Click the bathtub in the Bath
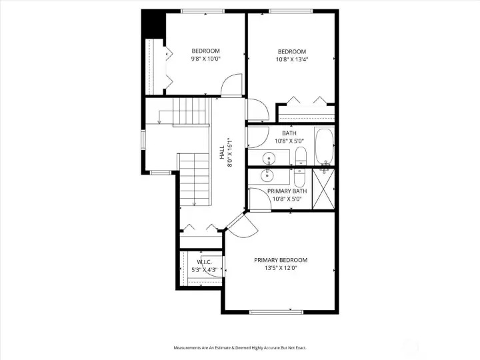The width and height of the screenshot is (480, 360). [x=323, y=147]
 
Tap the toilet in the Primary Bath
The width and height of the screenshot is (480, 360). [x=299, y=177]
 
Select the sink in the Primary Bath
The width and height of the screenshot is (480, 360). [x=268, y=176]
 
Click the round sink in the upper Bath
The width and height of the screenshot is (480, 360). [x=268, y=159]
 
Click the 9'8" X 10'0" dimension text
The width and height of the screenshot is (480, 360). [x=205, y=59]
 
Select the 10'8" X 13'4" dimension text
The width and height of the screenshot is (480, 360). [x=291, y=59]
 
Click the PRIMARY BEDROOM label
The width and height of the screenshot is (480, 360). [x=281, y=260]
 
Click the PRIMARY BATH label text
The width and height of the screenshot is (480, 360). [x=287, y=191]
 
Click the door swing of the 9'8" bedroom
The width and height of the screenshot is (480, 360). [x=231, y=85]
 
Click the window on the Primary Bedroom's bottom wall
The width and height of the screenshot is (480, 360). [x=275, y=311]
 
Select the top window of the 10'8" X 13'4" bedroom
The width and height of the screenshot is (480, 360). [x=290, y=11]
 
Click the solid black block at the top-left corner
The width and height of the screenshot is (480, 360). [x=153, y=24]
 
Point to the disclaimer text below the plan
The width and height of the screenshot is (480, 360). [x=239, y=348]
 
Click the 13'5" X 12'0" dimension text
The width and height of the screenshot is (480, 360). [x=281, y=268]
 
